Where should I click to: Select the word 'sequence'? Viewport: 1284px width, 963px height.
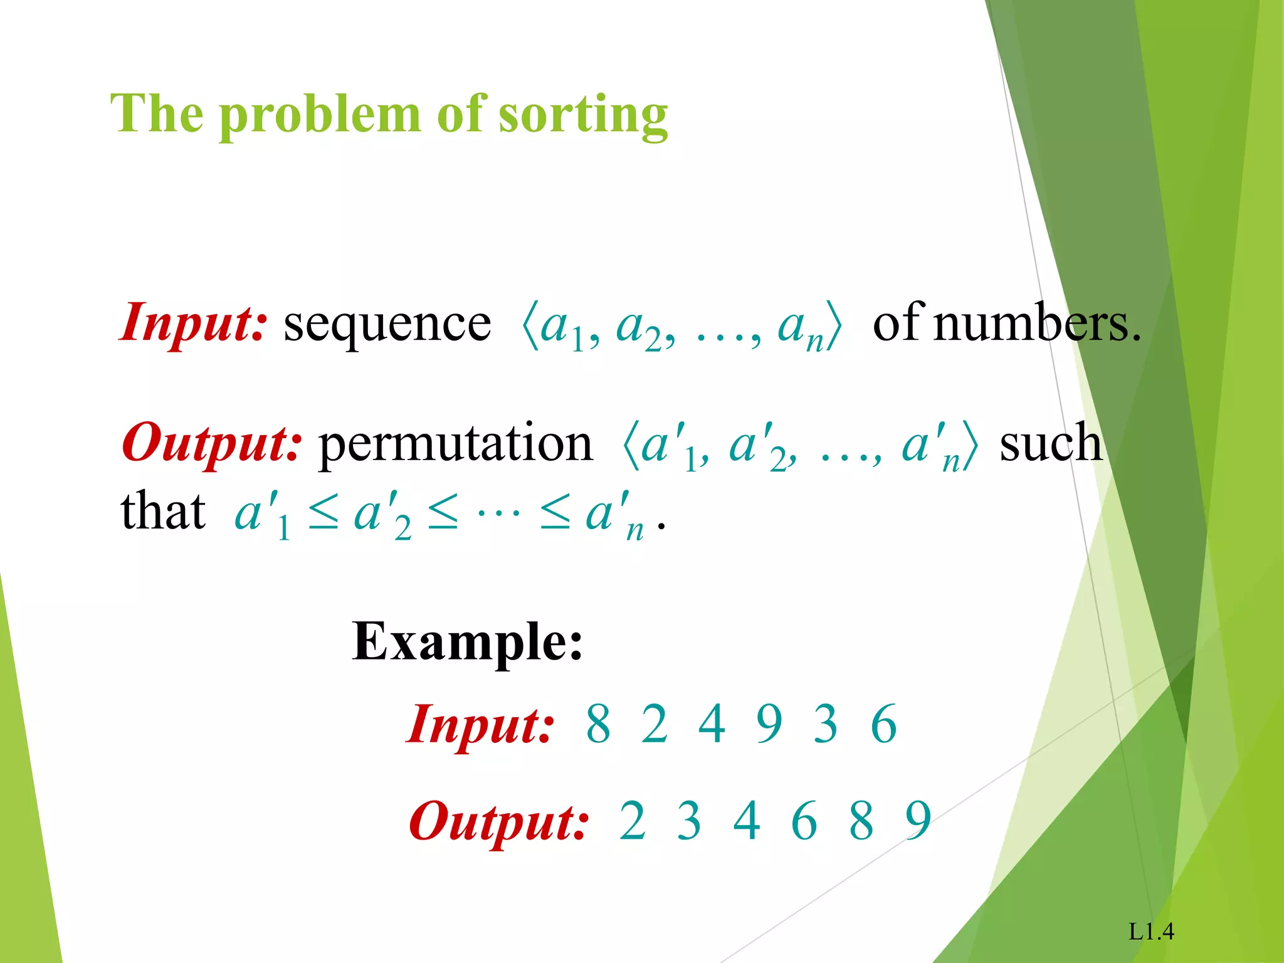[387, 324]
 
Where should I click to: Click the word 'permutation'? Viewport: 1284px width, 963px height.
[456, 445]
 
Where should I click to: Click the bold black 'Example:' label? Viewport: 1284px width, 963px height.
[467, 642]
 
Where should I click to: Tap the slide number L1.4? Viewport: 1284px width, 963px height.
[1151, 932]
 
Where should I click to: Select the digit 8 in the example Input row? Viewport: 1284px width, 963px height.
[598, 724]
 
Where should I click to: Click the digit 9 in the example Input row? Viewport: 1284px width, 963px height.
[769, 724]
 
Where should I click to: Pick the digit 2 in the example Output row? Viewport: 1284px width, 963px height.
[632, 821]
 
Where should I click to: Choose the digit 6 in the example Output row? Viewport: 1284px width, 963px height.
[804, 821]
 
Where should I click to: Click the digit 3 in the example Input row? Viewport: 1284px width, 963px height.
[826, 724]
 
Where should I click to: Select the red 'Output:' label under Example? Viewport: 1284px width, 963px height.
[498, 822]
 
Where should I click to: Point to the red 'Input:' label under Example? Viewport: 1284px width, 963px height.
[480, 725]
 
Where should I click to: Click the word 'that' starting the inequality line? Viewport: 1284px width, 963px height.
[163, 512]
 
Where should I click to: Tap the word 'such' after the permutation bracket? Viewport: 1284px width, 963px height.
[1051, 443]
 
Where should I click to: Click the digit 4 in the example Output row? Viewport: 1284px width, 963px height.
[747, 821]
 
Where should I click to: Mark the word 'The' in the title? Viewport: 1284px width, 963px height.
[157, 114]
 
